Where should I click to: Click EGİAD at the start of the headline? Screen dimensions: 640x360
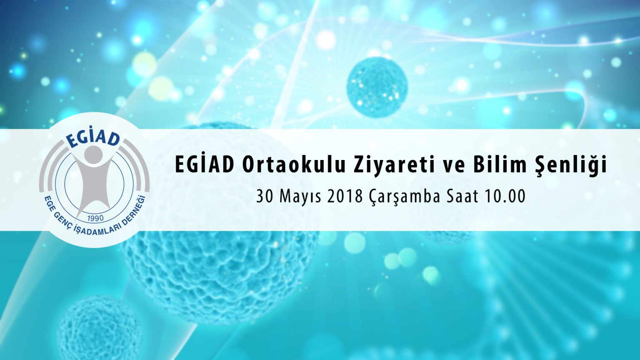[x=204, y=165]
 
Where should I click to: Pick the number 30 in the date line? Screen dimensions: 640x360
[x=263, y=196]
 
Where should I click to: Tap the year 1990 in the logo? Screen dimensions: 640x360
[x=95, y=218]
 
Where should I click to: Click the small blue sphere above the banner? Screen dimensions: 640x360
[x=377, y=87]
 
